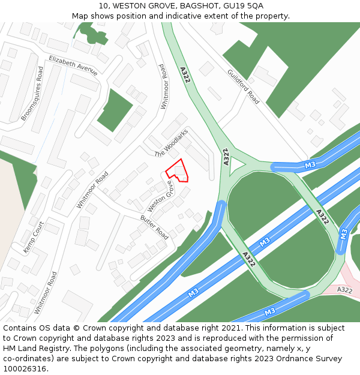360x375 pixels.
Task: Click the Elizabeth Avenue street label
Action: click(73, 65)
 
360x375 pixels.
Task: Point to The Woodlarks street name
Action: click(171, 143)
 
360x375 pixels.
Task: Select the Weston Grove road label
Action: click(160, 196)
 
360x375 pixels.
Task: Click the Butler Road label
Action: click(154, 224)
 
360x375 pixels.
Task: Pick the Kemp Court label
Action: click(34, 237)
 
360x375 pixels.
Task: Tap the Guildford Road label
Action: click(243, 86)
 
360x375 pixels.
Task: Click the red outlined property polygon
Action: click(178, 171)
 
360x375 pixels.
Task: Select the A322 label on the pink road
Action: click(344, 290)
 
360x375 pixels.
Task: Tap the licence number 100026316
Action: click(24, 369)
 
